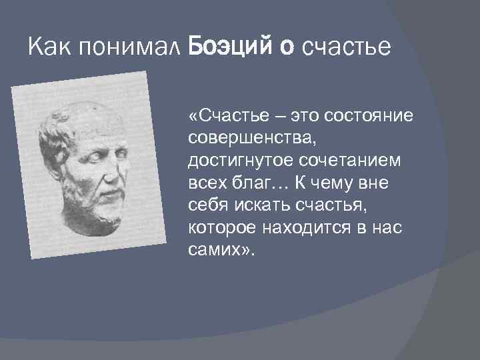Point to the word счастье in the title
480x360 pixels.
[346, 47]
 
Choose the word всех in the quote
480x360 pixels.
[205, 183]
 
